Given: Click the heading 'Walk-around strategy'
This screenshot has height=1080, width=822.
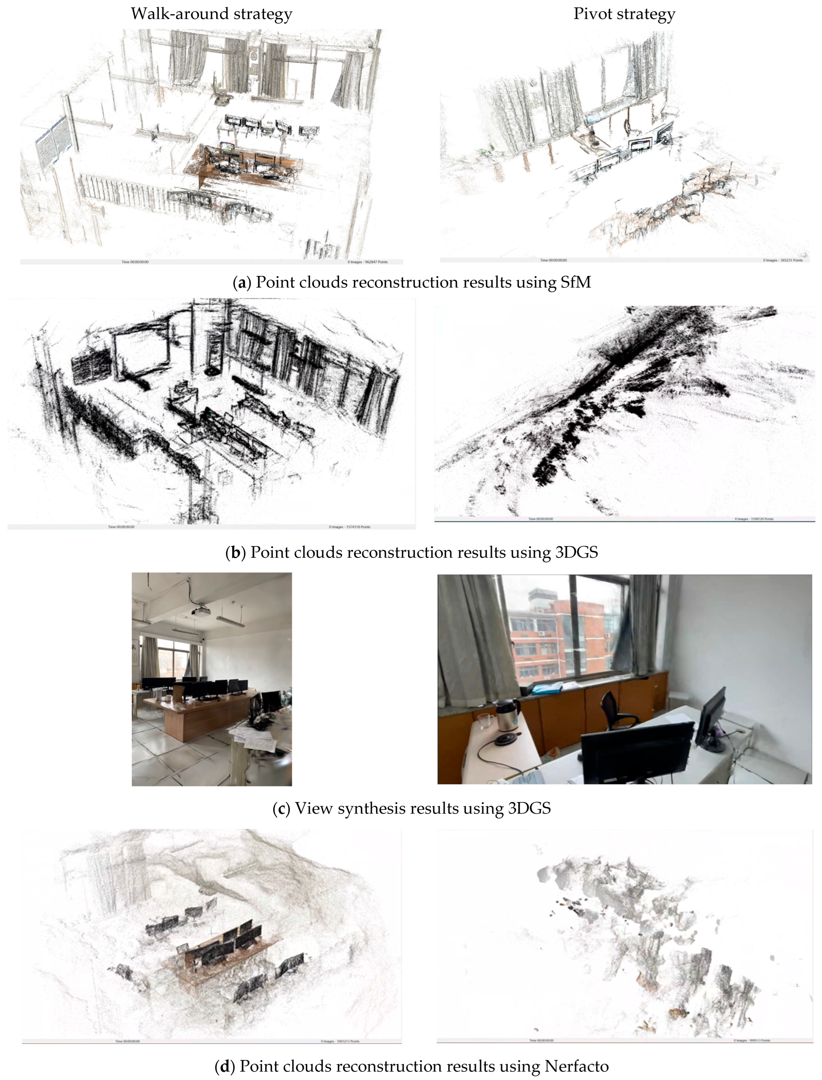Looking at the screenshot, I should [x=211, y=14].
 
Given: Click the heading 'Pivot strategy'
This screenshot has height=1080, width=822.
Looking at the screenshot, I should [x=624, y=14].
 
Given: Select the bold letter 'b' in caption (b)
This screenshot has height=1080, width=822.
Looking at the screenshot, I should [x=235, y=552].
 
